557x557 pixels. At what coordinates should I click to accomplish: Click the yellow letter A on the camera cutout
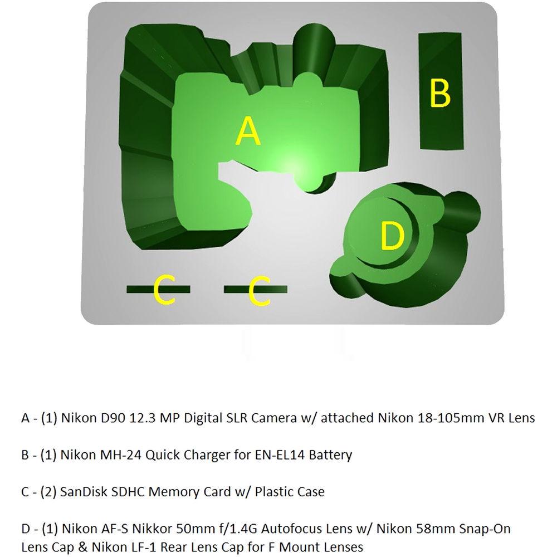[248, 131]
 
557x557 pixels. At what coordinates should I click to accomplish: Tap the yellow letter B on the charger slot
[440, 93]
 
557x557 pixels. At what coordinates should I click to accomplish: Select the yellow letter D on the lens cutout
[392, 235]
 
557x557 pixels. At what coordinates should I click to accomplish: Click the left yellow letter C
[164, 290]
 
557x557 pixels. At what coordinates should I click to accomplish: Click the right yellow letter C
[260, 291]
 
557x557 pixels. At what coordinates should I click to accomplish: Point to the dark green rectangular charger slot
[441, 91]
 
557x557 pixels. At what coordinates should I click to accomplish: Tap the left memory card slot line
[158, 290]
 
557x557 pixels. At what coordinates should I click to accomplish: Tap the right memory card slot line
[256, 290]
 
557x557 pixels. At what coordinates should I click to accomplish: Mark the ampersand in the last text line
[82, 548]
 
